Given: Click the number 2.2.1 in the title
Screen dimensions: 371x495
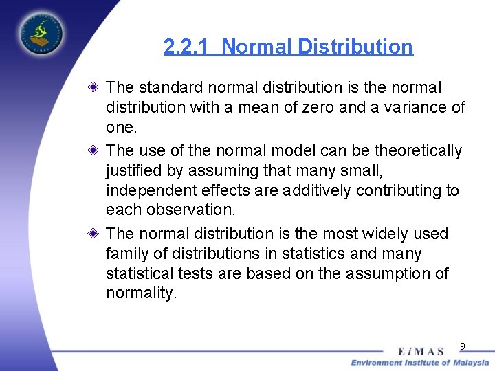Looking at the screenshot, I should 188,47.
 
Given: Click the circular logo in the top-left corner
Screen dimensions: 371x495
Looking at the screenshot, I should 40,32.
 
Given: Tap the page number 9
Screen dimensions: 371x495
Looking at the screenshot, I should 463,346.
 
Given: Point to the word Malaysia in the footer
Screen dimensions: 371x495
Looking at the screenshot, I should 470,363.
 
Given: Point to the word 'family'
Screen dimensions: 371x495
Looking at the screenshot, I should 126,254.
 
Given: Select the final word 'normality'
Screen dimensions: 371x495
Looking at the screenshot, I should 140,293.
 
